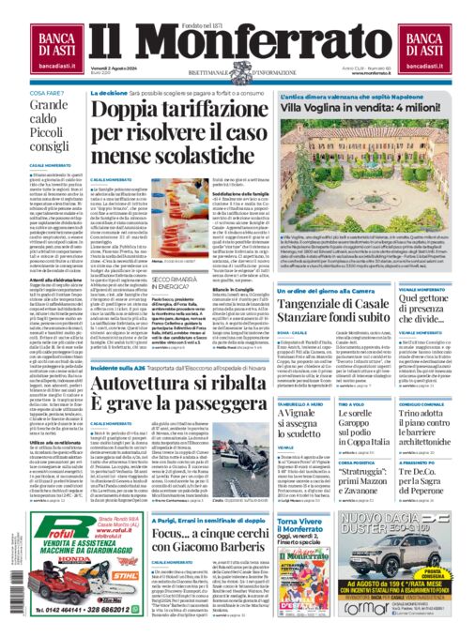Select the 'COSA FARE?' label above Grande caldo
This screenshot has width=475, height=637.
(x=48, y=94)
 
